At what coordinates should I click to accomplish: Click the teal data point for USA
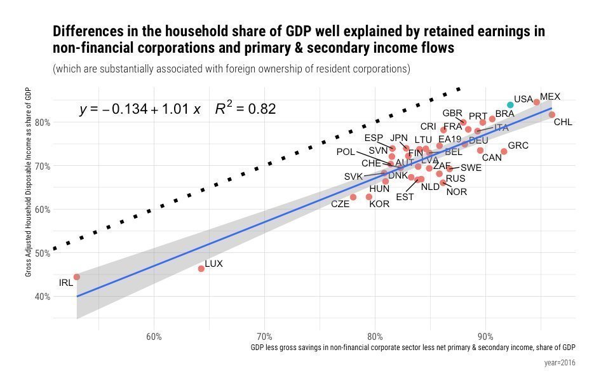point(510,105)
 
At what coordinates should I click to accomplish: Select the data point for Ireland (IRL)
point(77,277)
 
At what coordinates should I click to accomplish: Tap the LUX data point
point(201,269)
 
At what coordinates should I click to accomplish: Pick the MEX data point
point(537,102)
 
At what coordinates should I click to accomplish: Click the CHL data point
point(551,115)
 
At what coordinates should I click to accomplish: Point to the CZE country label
point(341,205)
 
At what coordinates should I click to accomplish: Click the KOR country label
point(379,205)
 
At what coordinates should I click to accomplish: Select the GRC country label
point(518,146)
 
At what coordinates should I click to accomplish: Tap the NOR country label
point(457,192)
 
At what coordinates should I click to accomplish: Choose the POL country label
point(346,152)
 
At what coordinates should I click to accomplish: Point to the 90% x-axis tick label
point(486,336)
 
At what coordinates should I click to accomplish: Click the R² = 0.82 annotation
point(245,109)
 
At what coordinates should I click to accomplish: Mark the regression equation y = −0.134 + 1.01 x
point(140,110)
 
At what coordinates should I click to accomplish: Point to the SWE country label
point(471,168)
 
